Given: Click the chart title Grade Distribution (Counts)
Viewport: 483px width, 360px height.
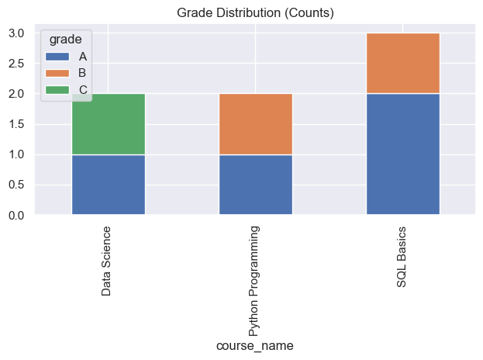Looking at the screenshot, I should click(x=255, y=13).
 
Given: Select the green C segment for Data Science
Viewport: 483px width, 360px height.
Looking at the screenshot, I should click(x=108, y=124).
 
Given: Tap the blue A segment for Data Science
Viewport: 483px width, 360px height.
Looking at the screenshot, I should click(x=108, y=185).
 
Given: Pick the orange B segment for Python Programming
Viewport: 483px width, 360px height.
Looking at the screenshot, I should click(x=255, y=124).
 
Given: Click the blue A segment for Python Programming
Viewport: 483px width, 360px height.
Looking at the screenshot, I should click(x=255, y=185).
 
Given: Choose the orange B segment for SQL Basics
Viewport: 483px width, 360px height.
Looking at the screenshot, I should click(x=402, y=64).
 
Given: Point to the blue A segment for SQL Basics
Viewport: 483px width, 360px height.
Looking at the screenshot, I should click(x=402, y=154).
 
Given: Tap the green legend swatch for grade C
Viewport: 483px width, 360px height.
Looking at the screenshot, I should click(x=58, y=89).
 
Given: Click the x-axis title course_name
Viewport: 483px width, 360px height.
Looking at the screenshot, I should click(x=255, y=346).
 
